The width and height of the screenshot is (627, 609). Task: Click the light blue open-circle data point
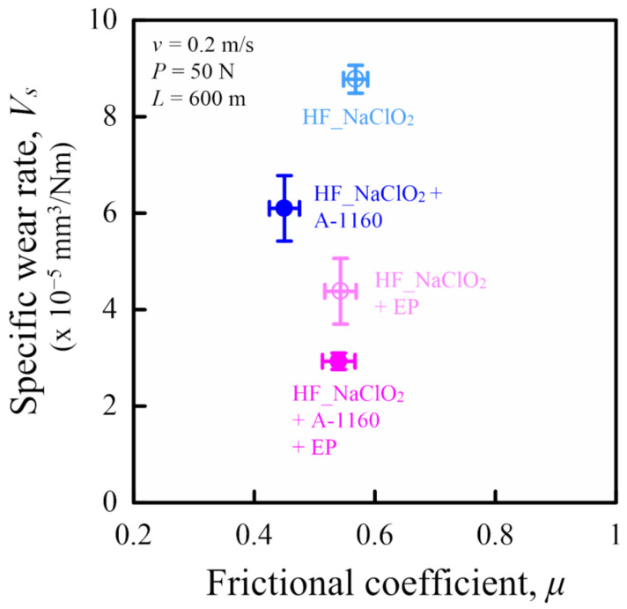[x=355, y=79]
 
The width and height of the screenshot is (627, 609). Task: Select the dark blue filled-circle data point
[x=284, y=208]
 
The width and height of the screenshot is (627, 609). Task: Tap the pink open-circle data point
[x=341, y=290]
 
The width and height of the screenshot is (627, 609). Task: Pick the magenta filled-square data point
[x=338, y=360]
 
